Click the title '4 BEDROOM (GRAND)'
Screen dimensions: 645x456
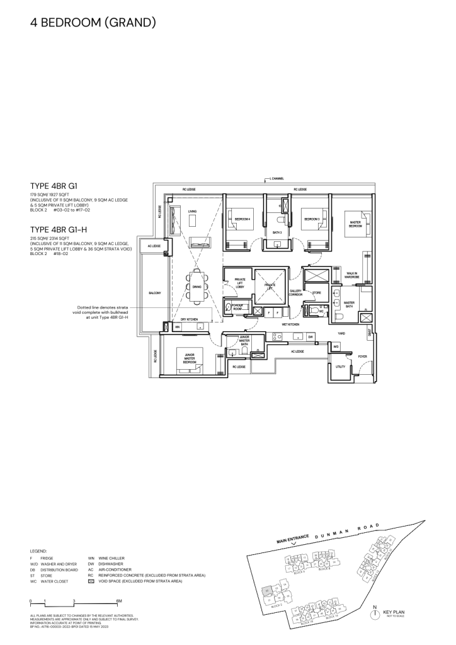point(92,24)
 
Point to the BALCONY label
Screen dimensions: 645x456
point(154,294)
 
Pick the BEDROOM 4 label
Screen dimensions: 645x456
point(242,219)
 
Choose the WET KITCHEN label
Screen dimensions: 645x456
point(289,324)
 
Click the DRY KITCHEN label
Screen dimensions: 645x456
point(188,320)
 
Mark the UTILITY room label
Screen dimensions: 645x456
point(340,367)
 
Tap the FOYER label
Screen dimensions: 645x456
point(362,356)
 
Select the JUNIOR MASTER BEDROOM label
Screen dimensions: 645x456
point(190,360)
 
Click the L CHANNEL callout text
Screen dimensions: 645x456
point(276,179)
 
